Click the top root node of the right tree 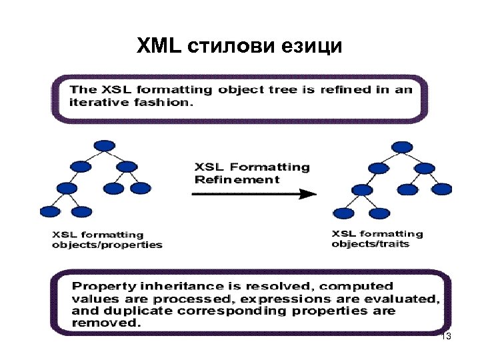tap(401, 145)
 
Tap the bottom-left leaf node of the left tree tap(51, 211)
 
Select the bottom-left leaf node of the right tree tap(343, 213)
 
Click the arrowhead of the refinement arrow tap(307, 194)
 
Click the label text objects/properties tap(107, 245)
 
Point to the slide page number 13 tap(446, 337)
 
